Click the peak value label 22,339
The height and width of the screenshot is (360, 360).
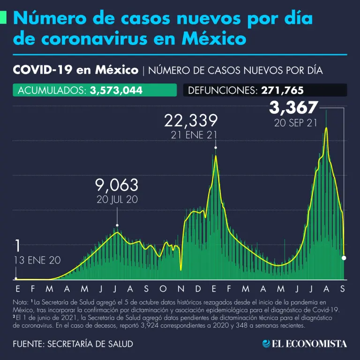(x=191, y=121)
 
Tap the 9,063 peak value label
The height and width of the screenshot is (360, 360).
(x=117, y=184)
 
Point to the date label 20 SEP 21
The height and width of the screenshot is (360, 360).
(x=294, y=123)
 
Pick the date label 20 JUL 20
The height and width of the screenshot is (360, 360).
(x=117, y=199)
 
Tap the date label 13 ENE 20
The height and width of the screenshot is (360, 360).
(x=37, y=261)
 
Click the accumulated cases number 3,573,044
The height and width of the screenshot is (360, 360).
(x=116, y=90)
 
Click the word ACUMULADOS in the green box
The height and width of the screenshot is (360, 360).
(x=51, y=90)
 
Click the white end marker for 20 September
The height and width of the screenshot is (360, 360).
(x=345, y=258)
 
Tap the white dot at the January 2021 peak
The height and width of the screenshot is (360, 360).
(x=216, y=148)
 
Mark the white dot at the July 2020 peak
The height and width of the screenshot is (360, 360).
(x=117, y=225)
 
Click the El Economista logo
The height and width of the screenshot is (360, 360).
(x=305, y=344)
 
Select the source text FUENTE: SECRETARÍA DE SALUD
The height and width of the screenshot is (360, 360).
(x=73, y=344)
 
